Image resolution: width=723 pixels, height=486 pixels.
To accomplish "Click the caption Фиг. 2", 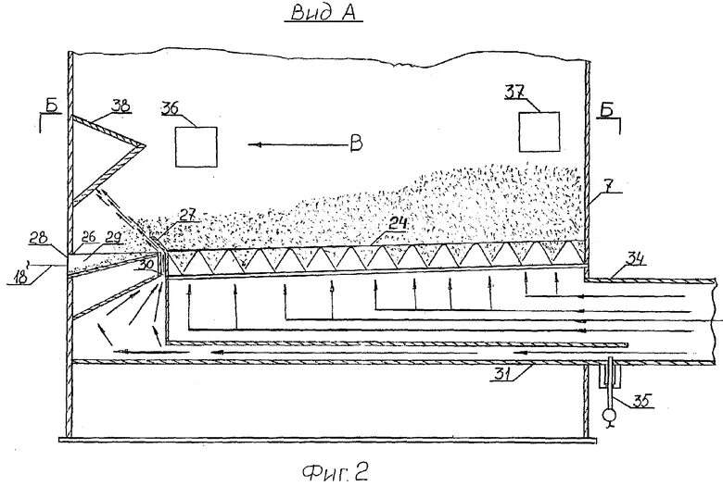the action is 335,472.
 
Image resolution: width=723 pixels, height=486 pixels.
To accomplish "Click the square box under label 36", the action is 197,146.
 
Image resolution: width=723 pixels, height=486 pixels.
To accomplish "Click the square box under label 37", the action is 539,131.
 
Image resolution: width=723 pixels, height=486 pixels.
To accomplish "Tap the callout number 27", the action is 187,215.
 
